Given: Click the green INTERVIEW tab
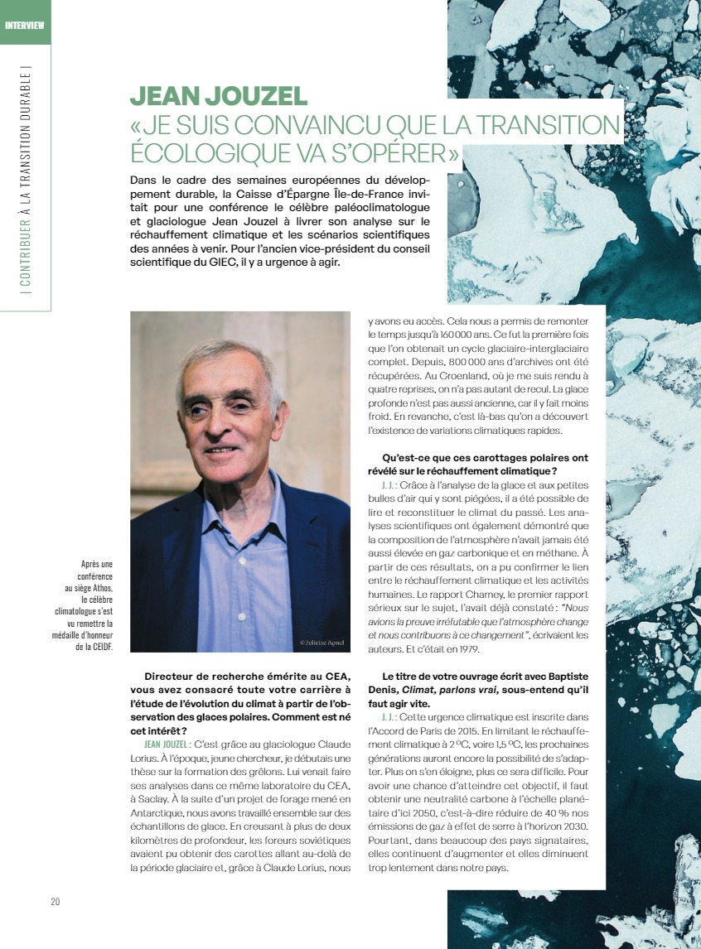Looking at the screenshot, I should coord(24,23).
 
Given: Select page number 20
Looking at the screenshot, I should coord(55,901).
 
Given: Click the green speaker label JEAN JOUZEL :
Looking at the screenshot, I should coord(166,721).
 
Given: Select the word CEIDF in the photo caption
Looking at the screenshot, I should coord(101,647).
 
